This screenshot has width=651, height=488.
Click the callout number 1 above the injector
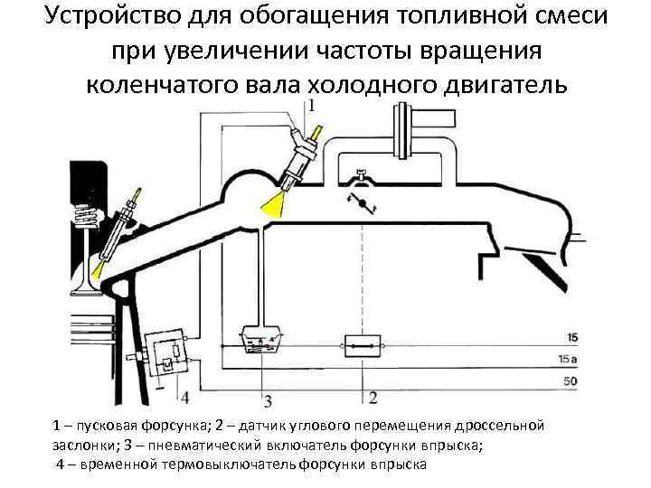click(312, 106)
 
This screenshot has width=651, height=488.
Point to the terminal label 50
click(569, 382)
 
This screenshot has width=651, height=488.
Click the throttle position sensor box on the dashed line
click(363, 344)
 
